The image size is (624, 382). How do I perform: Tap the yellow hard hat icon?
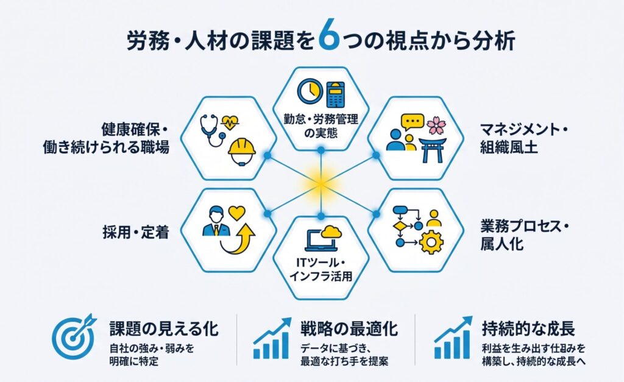tap(241, 151)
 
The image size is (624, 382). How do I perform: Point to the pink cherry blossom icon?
tap(436, 125)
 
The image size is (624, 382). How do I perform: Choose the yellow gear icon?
tap(431, 242)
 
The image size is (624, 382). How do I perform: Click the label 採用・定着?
tap(136, 232)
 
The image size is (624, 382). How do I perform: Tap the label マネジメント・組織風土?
tap(523, 138)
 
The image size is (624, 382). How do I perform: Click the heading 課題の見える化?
tap(164, 329)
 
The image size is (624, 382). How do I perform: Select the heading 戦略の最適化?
tap(349, 329)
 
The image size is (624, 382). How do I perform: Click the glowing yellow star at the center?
tap(321, 184)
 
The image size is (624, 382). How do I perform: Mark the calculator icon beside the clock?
tap(336, 94)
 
